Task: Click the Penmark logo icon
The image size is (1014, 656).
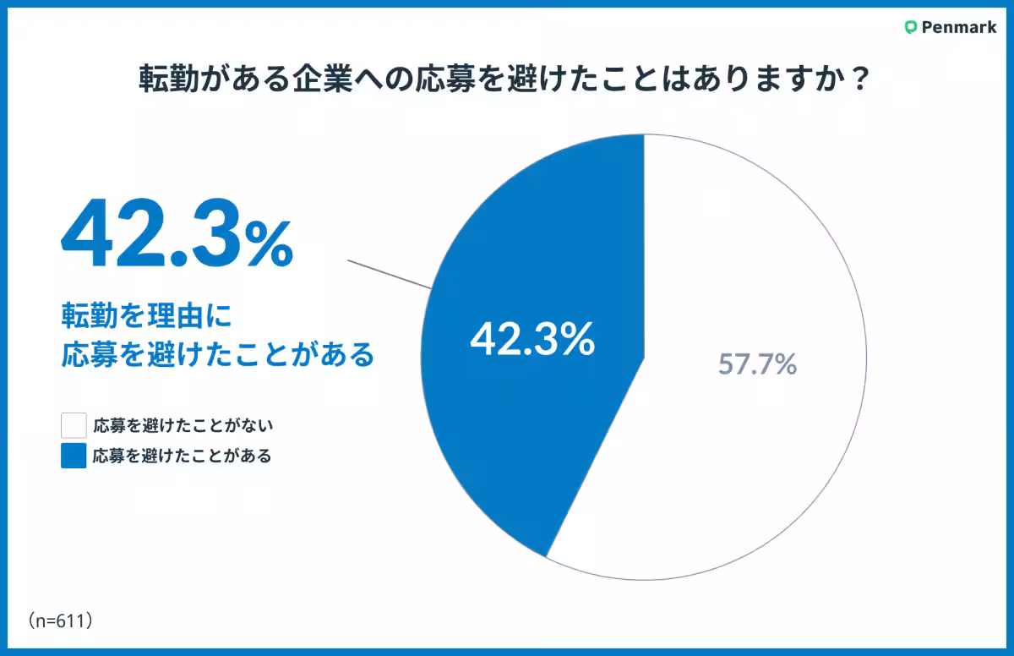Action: click(910, 27)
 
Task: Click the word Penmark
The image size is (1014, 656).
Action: click(959, 27)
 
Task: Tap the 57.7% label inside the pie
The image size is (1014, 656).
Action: click(757, 364)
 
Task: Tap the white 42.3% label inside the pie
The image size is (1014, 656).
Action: click(532, 340)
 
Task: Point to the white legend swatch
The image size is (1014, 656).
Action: click(74, 425)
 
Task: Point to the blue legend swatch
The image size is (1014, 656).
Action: click(74, 456)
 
